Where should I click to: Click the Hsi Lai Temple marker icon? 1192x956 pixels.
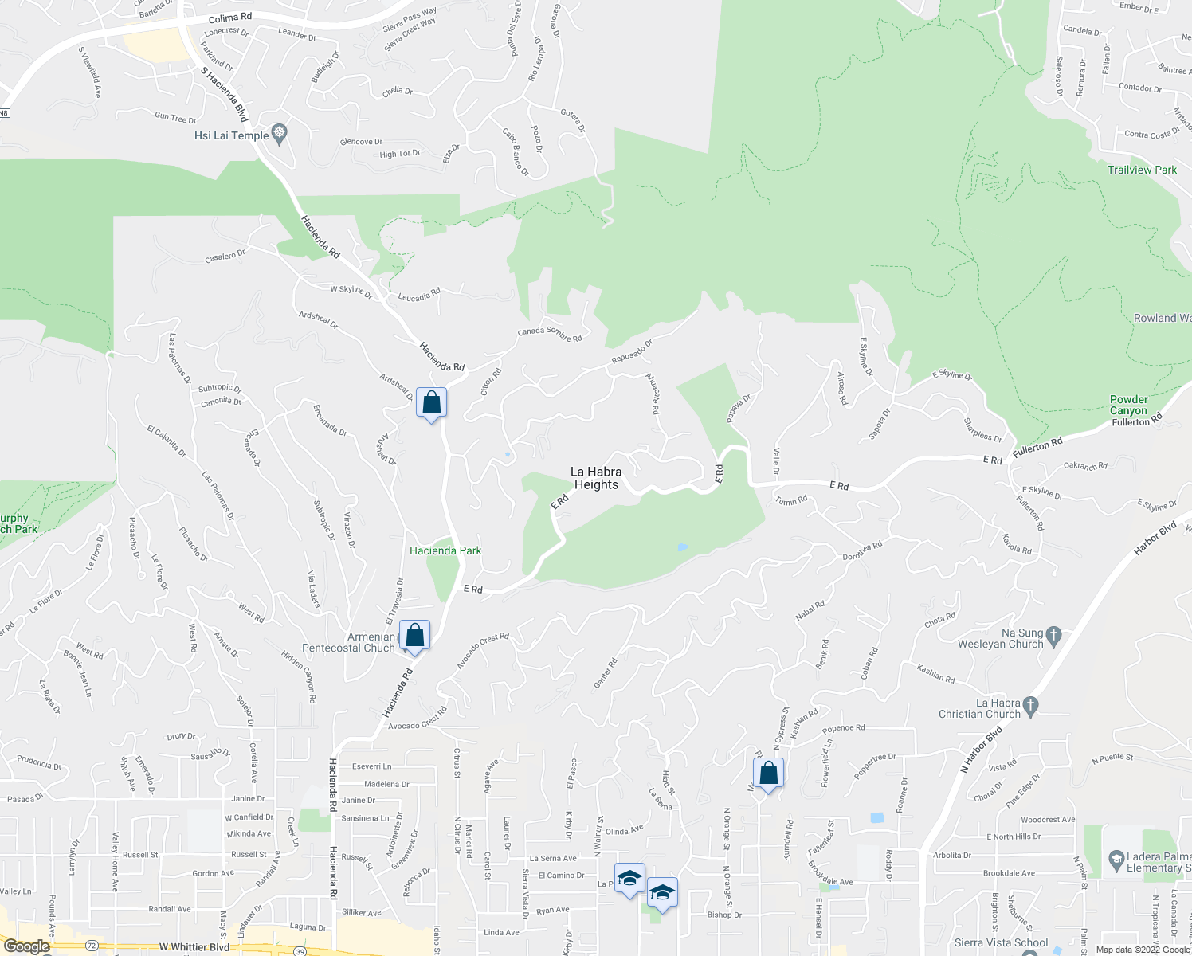pyautogui.click(x=279, y=134)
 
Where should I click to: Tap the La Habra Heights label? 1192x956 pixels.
pyautogui.click(x=596, y=478)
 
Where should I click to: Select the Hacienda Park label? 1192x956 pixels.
pyautogui.click(x=445, y=550)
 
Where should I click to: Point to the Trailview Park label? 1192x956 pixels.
pyautogui.click(x=1142, y=170)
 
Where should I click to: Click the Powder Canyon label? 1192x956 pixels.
pyautogui.click(x=1129, y=405)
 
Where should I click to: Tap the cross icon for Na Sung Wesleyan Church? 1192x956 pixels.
pyautogui.click(x=1053, y=635)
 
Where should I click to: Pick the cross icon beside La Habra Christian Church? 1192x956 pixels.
pyautogui.click(x=1031, y=705)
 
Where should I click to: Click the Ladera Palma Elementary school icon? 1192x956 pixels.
pyautogui.click(x=1116, y=860)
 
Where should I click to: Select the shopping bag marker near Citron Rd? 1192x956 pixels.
pyautogui.click(x=431, y=403)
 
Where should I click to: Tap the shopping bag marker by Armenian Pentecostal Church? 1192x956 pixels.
pyautogui.click(x=414, y=636)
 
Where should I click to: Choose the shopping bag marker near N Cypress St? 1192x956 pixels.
pyautogui.click(x=768, y=773)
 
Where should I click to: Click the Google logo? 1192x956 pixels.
pyautogui.click(x=26, y=946)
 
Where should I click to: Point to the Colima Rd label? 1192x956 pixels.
pyautogui.click(x=230, y=18)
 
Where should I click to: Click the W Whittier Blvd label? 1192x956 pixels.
pyautogui.click(x=194, y=947)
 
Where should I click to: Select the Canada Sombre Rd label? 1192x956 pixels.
pyautogui.click(x=550, y=335)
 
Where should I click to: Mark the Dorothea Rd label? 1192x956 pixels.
pyautogui.click(x=863, y=550)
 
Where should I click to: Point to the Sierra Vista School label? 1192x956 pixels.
pyautogui.click(x=1001, y=942)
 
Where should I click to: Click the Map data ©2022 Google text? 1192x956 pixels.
pyautogui.click(x=1143, y=949)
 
